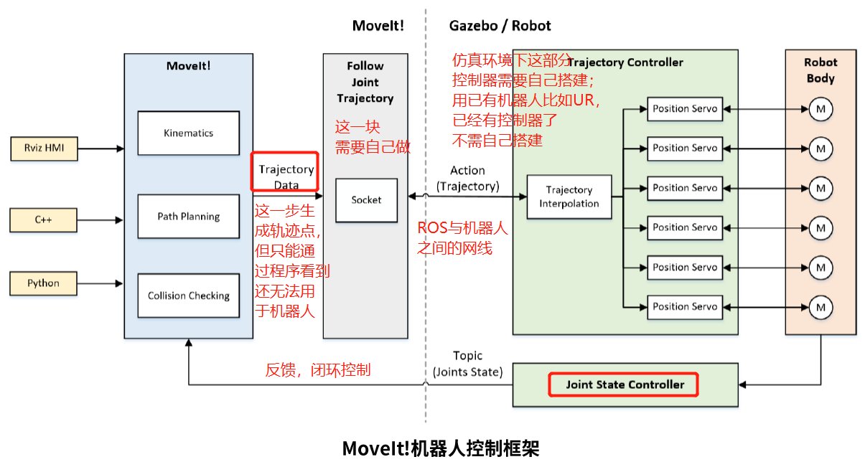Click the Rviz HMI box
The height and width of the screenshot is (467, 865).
(43, 148)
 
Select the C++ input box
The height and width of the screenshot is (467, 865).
(43, 220)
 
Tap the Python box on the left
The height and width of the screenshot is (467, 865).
(43, 283)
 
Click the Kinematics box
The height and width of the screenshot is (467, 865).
(188, 133)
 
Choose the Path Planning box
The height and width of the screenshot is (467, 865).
(188, 216)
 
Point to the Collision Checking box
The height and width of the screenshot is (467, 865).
(188, 296)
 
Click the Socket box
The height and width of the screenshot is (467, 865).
(366, 199)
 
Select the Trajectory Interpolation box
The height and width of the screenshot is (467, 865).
(569, 197)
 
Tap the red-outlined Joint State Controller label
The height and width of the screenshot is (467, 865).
(623, 385)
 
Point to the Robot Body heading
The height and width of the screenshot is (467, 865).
(820, 70)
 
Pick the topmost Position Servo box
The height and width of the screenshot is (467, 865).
(684, 109)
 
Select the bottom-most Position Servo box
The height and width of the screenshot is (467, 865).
(684, 306)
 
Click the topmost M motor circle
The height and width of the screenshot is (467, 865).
(820, 109)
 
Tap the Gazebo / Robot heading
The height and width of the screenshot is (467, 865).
(500, 26)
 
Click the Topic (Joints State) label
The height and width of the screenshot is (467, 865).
(467, 364)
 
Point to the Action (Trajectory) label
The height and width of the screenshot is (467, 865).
(467, 179)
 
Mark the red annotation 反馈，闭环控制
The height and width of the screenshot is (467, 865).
(318, 370)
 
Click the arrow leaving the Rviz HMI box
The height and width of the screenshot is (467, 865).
(100, 148)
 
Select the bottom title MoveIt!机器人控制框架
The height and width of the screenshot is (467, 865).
(440, 448)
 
